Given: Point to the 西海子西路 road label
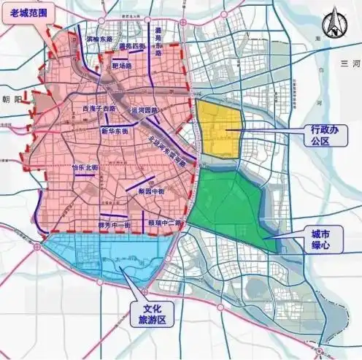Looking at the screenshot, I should [100, 108].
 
